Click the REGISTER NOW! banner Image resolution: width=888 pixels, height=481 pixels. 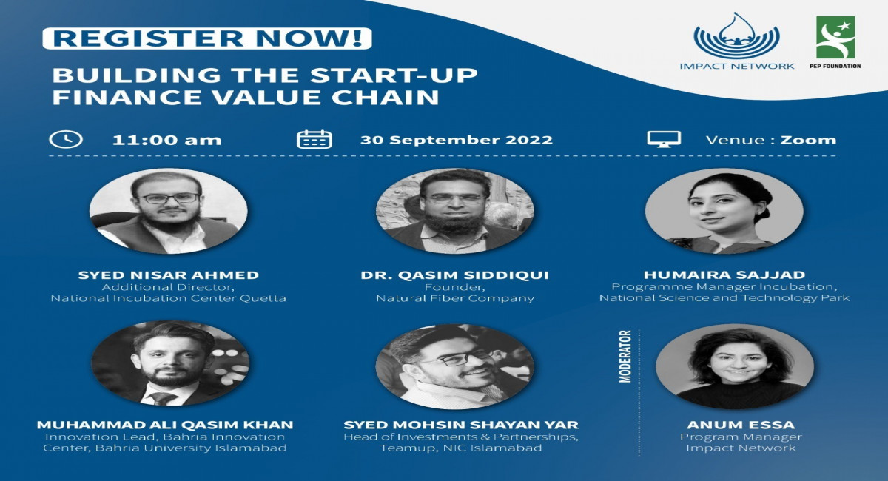[206, 38]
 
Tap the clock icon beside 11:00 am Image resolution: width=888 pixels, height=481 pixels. [65, 139]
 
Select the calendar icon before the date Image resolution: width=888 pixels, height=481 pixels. [314, 139]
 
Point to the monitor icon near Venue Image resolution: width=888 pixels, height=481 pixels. [663, 139]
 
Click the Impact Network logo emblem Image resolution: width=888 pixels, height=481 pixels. [736, 36]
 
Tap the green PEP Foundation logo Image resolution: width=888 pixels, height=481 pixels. [835, 38]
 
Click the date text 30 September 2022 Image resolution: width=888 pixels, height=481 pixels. [456, 140]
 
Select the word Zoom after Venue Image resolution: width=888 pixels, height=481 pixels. [808, 140]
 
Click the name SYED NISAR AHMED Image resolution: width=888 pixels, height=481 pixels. [168, 275]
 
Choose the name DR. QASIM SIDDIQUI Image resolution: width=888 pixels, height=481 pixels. [454, 275]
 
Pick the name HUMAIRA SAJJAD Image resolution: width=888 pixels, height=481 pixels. [724, 275]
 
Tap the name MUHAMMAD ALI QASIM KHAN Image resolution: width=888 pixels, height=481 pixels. [165, 425]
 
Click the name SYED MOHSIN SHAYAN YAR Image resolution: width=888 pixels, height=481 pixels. [461, 425]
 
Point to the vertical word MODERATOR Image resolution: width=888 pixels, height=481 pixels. [625, 356]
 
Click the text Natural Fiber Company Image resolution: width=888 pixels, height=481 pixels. [454, 299]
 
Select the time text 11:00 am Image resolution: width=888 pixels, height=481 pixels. [166, 140]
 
